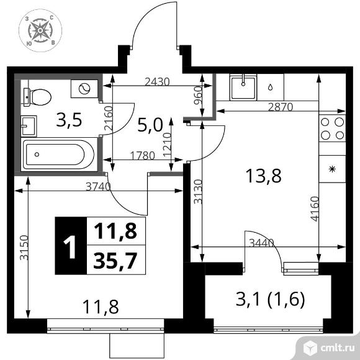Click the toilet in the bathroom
37,97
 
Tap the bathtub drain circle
37,155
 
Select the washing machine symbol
84,89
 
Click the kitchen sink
243,88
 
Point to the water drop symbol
271,87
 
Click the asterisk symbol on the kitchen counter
332,169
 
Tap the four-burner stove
332,128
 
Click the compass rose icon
40,30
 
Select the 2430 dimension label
157,82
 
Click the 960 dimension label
197,96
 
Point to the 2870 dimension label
281,107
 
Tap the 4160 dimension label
315,209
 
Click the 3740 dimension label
98,186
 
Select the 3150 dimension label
24,248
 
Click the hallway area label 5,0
150,125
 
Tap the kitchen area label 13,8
263,176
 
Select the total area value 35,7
115,260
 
